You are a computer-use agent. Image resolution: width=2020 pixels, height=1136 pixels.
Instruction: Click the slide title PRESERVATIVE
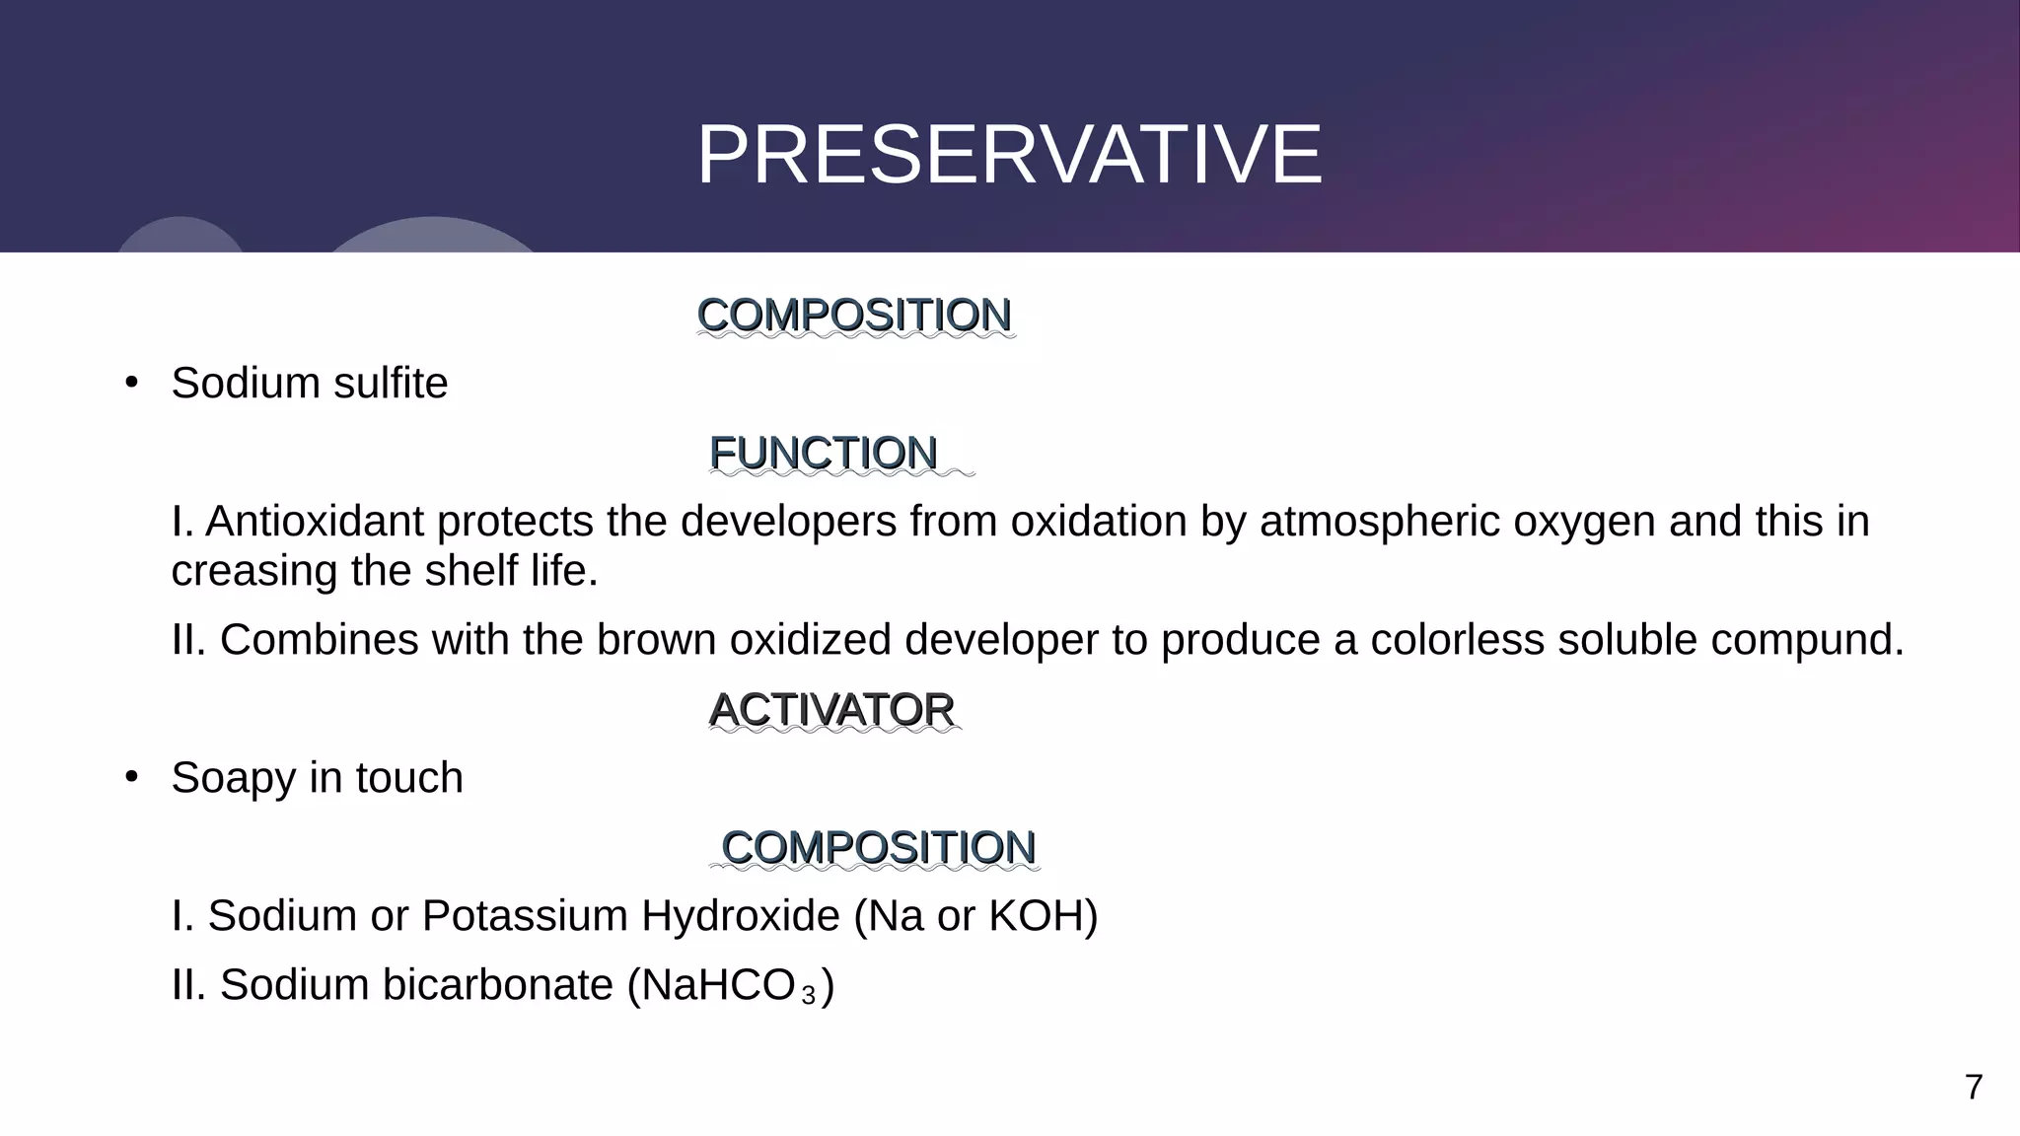click(x=1009, y=155)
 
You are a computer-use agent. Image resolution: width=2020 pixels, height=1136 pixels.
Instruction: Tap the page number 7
click(x=1973, y=1088)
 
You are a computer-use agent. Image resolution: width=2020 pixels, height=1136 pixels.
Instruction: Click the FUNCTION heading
click(x=823, y=454)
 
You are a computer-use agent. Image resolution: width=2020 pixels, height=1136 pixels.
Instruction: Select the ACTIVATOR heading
click(x=831, y=710)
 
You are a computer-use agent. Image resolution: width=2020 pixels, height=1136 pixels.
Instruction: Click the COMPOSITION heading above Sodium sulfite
click(x=853, y=316)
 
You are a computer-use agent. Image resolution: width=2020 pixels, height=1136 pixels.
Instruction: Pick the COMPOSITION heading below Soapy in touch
click(x=878, y=848)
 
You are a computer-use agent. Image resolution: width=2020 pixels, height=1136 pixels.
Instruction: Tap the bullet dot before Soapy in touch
click(x=132, y=777)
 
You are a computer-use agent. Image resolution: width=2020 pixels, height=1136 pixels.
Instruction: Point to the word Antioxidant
click(x=315, y=521)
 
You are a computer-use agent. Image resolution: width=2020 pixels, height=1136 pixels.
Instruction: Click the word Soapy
click(x=234, y=778)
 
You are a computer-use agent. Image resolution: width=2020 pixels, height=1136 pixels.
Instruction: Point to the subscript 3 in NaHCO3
click(x=809, y=997)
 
